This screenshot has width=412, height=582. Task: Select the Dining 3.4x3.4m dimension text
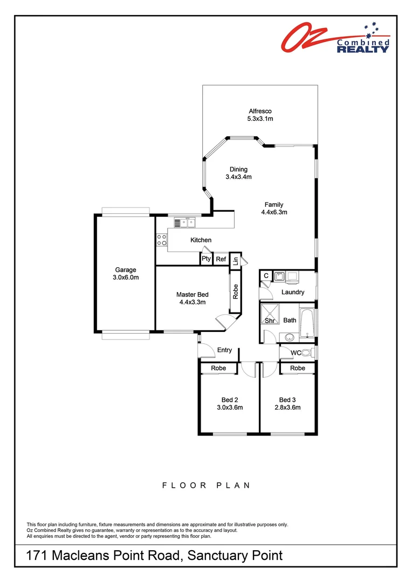coord(239,177)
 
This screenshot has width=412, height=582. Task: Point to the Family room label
coord(273,205)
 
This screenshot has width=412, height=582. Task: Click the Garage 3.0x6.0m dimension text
coord(125,278)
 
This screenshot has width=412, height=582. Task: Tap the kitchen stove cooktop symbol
coord(161,240)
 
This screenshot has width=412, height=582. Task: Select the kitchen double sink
coord(187,221)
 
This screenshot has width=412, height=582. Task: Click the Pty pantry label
coord(206,259)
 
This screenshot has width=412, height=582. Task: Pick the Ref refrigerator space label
coord(221,259)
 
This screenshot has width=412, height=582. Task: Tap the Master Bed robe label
coord(235,292)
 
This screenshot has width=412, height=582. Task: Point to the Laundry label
coord(293,293)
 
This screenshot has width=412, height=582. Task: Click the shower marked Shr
coord(269,315)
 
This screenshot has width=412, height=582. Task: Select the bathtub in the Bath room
coord(306,324)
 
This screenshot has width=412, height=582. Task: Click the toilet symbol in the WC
coord(308,353)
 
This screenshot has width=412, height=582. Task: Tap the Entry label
coord(224,350)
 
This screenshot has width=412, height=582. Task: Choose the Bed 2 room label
coord(230,400)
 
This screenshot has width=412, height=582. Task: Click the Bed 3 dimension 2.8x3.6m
coord(287,407)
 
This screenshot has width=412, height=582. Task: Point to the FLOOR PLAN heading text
coord(206,486)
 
